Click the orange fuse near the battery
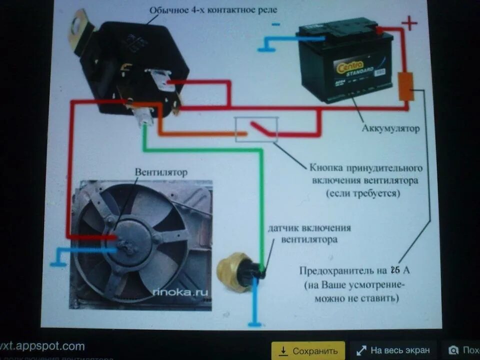coord(405,86)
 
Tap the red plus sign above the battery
coord(409,23)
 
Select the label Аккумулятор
coord(390,128)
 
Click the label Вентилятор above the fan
coord(161,172)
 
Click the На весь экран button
coord(392,350)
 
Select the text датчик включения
coord(309,228)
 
